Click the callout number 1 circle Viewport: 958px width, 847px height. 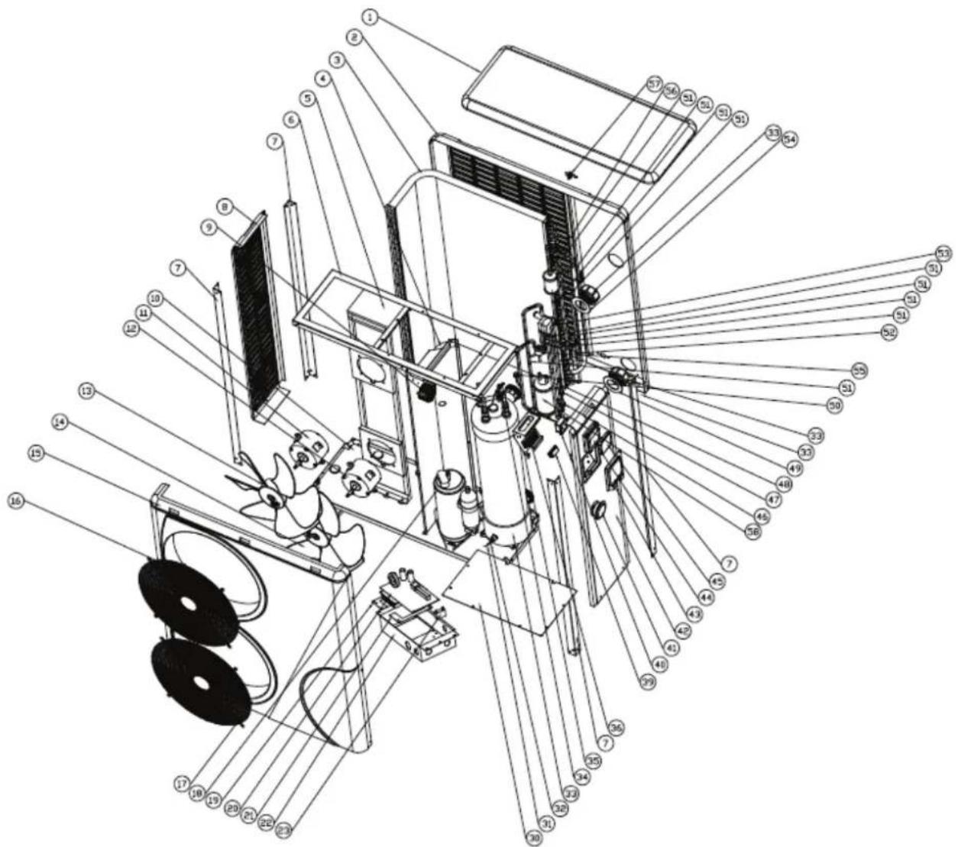[x=371, y=16]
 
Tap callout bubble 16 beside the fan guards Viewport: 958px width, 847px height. [x=17, y=500]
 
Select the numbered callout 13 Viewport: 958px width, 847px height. [x=86, y=391]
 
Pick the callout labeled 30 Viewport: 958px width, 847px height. [x=533, y=839]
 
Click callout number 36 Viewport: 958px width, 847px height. [x=616, y=727]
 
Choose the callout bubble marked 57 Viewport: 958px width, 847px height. [x=653, y=83]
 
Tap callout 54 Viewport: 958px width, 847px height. [x=789, y=140]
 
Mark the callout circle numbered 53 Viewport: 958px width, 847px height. [x=944, y=254]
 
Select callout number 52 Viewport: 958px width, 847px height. [x=888, y=332]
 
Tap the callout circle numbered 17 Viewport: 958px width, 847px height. [x=181, y=783]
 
